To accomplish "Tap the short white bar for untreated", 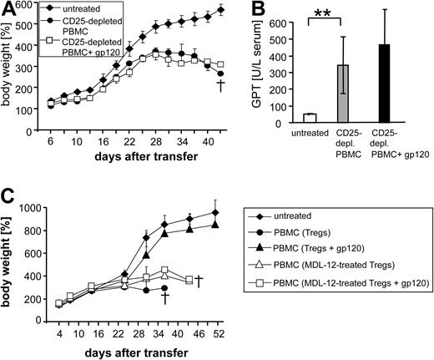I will coord(309,118).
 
